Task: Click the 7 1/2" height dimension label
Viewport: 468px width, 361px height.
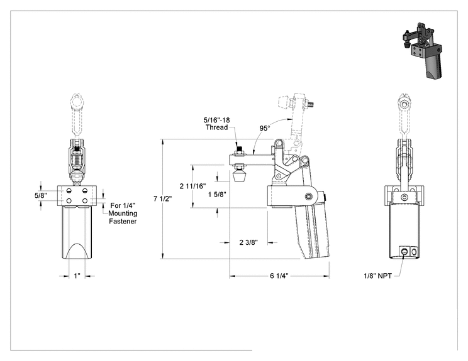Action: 163,198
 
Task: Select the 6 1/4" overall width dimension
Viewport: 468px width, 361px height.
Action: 279,276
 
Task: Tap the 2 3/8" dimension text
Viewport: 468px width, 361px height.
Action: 248,242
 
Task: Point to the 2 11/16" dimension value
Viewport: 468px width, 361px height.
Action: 193,186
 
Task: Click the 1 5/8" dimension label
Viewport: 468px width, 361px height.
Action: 217,195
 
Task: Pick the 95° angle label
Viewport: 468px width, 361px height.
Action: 265,128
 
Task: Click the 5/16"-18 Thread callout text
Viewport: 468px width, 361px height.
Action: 216,124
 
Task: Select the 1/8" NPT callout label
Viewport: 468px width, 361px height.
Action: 377,276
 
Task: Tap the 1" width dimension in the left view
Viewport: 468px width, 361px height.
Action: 77,276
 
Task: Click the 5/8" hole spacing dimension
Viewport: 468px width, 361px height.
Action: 41,195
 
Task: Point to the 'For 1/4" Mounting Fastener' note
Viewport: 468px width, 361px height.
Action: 123,213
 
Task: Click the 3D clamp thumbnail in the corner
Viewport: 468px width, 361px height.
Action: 422,50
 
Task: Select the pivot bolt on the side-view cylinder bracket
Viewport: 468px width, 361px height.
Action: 309,196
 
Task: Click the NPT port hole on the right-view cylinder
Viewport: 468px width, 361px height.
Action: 404,251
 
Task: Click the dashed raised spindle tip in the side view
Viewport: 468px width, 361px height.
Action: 283,102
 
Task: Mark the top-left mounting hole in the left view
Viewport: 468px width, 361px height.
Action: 69,191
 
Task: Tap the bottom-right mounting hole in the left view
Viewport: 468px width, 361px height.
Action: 85,201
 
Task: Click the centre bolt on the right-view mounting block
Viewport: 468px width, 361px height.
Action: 404,197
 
